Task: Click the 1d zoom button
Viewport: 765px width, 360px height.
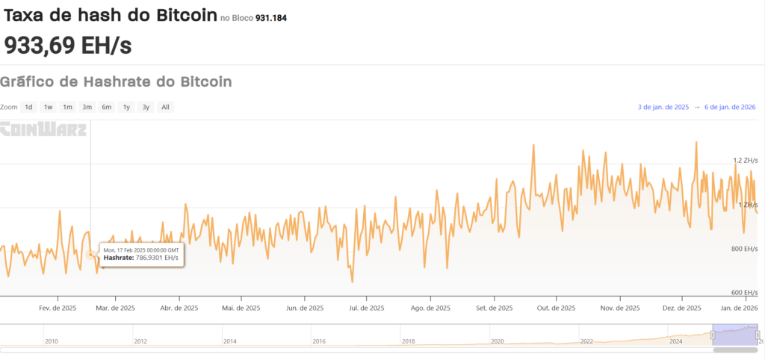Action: click(x=28, y=107)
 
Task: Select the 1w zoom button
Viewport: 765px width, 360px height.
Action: click(x=48, y=107)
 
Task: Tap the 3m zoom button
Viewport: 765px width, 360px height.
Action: click(x=87, y=107)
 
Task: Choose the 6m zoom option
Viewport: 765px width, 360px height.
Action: click(x=107, y=107)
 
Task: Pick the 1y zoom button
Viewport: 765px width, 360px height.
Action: click(x=126, y=107)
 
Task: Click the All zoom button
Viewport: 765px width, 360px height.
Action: click(x=165, y=107)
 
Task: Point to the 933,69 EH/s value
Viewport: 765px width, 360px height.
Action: click(x=68, y=45)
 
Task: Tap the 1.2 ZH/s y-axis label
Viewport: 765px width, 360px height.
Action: click(x=746, y=160)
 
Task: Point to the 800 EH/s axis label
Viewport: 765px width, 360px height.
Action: click(x=745, y=248)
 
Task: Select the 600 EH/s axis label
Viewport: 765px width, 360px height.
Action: click(x=745, y=292)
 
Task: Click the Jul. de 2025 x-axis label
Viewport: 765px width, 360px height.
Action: click(x=367, y=308)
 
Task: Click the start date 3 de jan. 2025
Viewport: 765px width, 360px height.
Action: click(x=663, y=108)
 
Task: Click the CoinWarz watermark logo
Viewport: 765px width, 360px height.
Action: click(x=43, y=129)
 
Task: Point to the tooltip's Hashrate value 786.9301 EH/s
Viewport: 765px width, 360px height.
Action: click(x=157, y=258)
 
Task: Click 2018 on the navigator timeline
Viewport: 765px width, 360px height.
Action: click(x=408, y=341)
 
